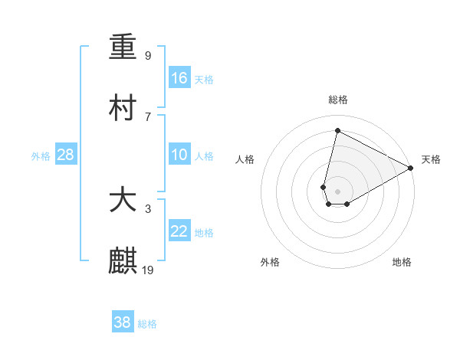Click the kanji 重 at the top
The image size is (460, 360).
pos(123,47)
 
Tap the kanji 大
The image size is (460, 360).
pos(123,201)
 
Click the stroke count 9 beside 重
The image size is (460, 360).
pos(148,55)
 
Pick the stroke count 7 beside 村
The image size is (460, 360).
pos(148,116)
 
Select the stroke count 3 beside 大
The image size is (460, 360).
pos(148,208)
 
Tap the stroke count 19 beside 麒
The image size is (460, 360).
pos(148,270)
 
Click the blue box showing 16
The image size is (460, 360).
pos(179,78)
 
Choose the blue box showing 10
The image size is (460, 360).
pos(179,155)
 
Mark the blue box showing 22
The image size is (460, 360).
pos(179,232)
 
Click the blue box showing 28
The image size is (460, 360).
pos(66,155)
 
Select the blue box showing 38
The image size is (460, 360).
pos(123,322)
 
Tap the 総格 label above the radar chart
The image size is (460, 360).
pos(338,100)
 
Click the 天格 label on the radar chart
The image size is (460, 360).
pos(431,159)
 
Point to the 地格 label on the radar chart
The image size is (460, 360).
pos(402,263)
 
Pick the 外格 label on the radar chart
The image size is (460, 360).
pos(270,263)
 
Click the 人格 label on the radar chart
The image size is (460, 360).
pos(245,159)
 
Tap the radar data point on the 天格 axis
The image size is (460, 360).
pos(411,168)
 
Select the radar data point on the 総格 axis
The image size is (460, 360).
pos(337,130)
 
